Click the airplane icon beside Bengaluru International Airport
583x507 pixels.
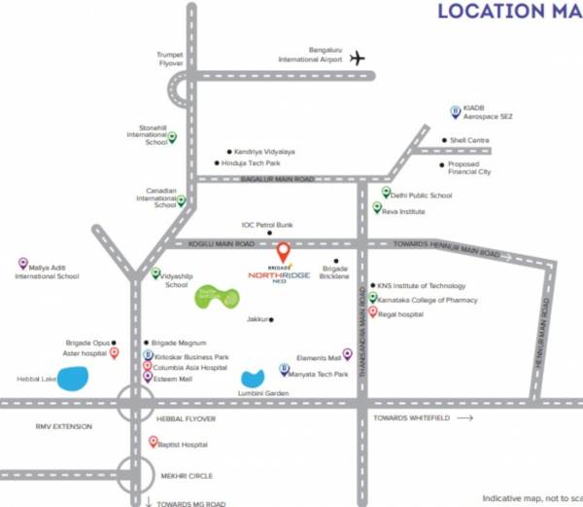[358, 57]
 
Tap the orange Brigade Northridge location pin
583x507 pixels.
[284, 252]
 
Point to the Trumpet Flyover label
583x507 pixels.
[169, 59]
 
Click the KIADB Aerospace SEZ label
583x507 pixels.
[488, 116]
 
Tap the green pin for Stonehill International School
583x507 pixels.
[173, 137]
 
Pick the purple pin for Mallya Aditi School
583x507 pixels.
[23, 263]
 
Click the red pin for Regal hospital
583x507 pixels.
[372, 313]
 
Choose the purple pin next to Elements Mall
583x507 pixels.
[347, 354]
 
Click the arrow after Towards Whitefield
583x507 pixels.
[463, 417]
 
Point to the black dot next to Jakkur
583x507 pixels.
[271, 319]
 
